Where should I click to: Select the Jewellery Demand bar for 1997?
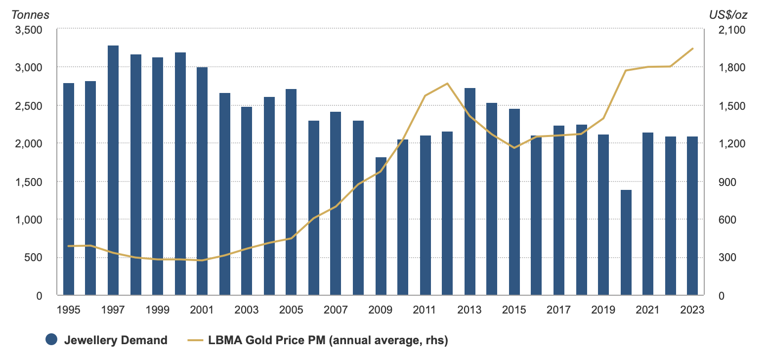pyautogui.click(x=113, y=171)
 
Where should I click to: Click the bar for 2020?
pyautogui.click(x=626, y=242)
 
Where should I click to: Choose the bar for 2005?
pyautogui.click(x=292, y=192)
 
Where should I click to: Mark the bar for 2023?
pyautogui.click(x=693, y=216)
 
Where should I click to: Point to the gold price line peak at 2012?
pyautogui.click(x=447, y=84)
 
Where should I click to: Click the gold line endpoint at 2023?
pyautogui.click(x=693, y=48)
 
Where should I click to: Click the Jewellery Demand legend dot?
pyautogui.click(x=52, y=340)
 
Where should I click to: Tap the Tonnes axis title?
pyautogui.click(x=30, y=15)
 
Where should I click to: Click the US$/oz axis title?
pyautogui.click(x=728, y=15)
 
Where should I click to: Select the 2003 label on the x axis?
pyautogui.click(x=247, y=310)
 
